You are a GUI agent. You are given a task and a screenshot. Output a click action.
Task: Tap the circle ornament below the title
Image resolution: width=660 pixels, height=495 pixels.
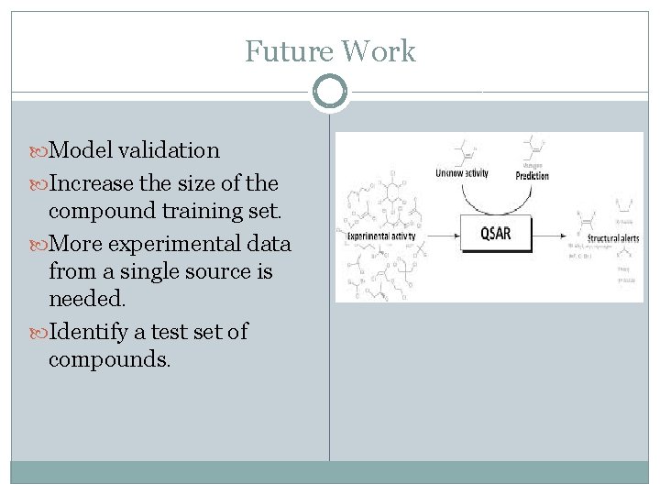[330, 92]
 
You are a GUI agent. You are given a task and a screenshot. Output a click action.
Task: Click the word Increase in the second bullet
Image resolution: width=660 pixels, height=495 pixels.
[91, 181]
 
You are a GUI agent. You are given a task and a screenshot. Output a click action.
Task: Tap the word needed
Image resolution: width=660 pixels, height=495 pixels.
[83, 300]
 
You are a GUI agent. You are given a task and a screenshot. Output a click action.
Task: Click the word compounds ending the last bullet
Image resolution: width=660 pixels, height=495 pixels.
[108, 359]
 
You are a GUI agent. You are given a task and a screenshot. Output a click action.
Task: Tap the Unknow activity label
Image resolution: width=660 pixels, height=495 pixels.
[462, 173]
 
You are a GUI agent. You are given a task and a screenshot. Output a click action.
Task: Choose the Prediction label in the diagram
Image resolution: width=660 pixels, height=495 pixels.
[533, 175]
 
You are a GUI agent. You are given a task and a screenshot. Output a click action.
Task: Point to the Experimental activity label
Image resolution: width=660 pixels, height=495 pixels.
[381, 236]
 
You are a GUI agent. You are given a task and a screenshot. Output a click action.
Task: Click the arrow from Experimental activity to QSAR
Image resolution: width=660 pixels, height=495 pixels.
[437, 236]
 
